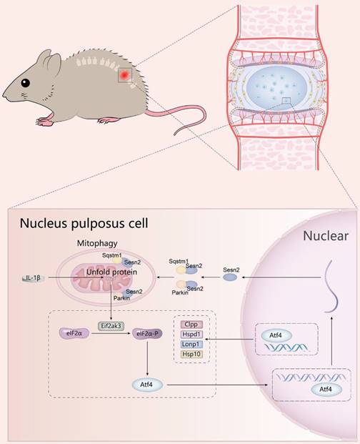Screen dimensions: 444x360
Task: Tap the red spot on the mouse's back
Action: (125, 73)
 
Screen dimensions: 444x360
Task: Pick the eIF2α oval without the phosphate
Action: (71, 332)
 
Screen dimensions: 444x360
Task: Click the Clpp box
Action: (191, 323)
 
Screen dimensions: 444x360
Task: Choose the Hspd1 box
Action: (191, 333)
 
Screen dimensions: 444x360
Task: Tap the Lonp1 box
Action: (191, 344)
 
